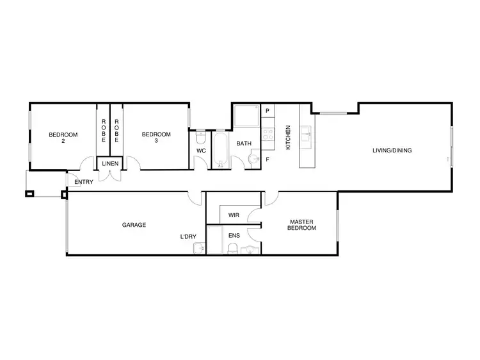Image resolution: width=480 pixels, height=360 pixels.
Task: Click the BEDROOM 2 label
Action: (x=63, y=138)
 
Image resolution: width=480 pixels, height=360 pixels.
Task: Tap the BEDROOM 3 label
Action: (x=156, y=138)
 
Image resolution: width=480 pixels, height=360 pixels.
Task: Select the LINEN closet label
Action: (x=110, y=164)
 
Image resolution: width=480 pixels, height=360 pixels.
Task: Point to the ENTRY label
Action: (x=84, y=182)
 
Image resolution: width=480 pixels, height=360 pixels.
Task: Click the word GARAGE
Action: (x=134, y=225)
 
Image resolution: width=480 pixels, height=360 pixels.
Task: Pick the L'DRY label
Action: (x=188, y=236)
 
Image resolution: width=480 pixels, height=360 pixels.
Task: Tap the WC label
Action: (x=200, y=151)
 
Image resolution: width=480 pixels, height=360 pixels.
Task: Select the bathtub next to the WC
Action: (x=220, y=149)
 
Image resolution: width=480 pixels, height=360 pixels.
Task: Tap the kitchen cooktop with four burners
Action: (x=269, y=135)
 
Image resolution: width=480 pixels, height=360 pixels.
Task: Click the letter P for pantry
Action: (x=268, y=111)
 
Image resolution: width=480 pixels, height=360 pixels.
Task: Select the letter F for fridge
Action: (x=268, y=158)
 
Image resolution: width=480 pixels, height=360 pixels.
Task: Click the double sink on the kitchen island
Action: (x=305, y=135)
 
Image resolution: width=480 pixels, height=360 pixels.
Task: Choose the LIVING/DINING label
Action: (x=392, y=151)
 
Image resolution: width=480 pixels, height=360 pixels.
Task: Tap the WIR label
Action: (x=233, y=216)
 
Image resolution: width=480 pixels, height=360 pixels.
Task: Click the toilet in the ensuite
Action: (x=234, y=248)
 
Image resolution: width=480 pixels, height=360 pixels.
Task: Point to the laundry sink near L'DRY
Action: (x=199, y=248)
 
